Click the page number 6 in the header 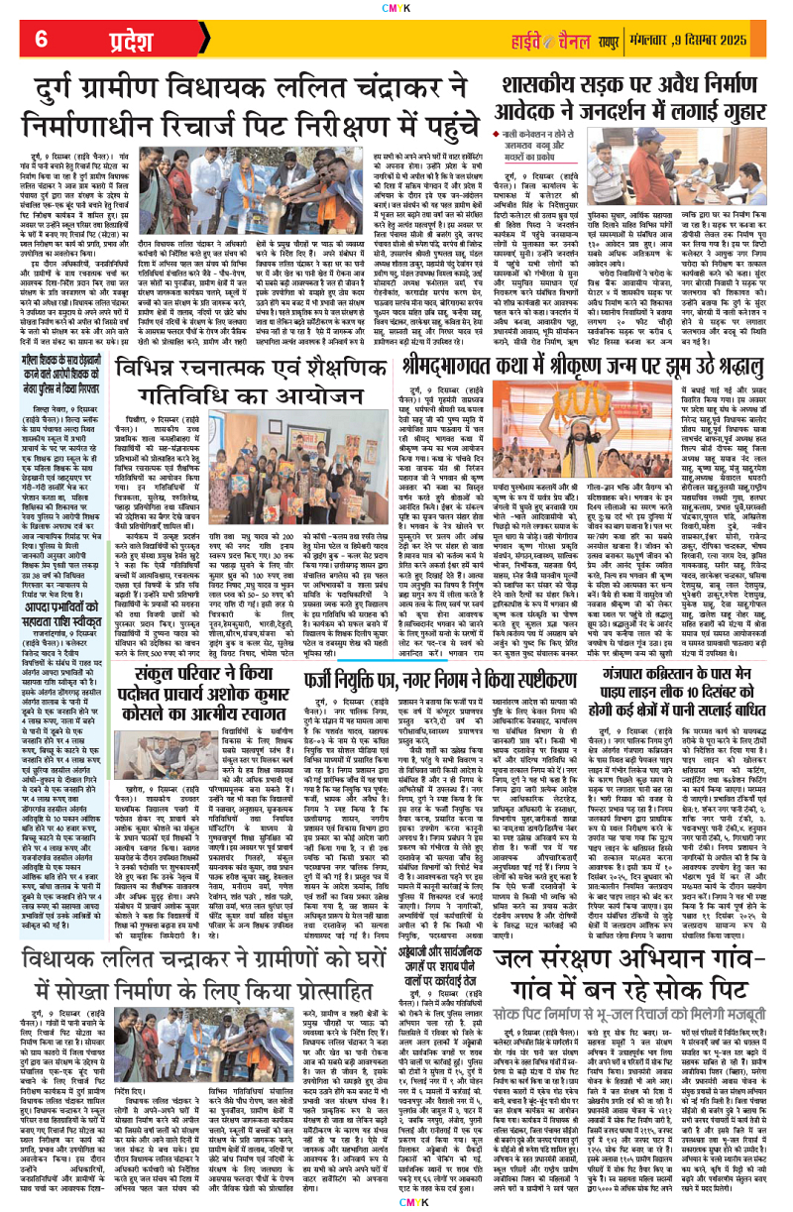click(43, 39)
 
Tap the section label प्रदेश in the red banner click(108, 39)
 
